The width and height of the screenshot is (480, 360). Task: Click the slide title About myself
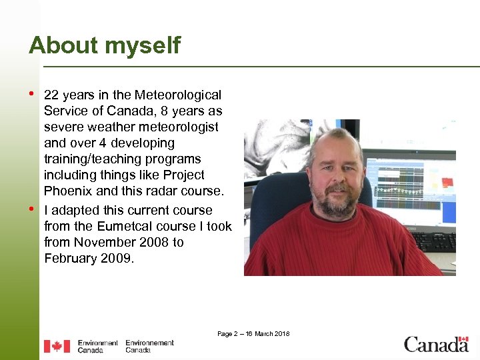point(105,45)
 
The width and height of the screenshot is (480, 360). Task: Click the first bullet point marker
point(32,93)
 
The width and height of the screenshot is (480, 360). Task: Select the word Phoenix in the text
point(69,191)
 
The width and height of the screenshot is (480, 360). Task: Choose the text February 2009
point(89,258)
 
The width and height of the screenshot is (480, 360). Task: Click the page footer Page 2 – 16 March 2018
point(253,333)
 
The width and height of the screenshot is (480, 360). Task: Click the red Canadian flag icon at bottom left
point(57,346)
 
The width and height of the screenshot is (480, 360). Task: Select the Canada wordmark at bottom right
point(436,345)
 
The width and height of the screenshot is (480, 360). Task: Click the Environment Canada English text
point(97,346)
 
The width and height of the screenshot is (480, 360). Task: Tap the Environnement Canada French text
point(149,346)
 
